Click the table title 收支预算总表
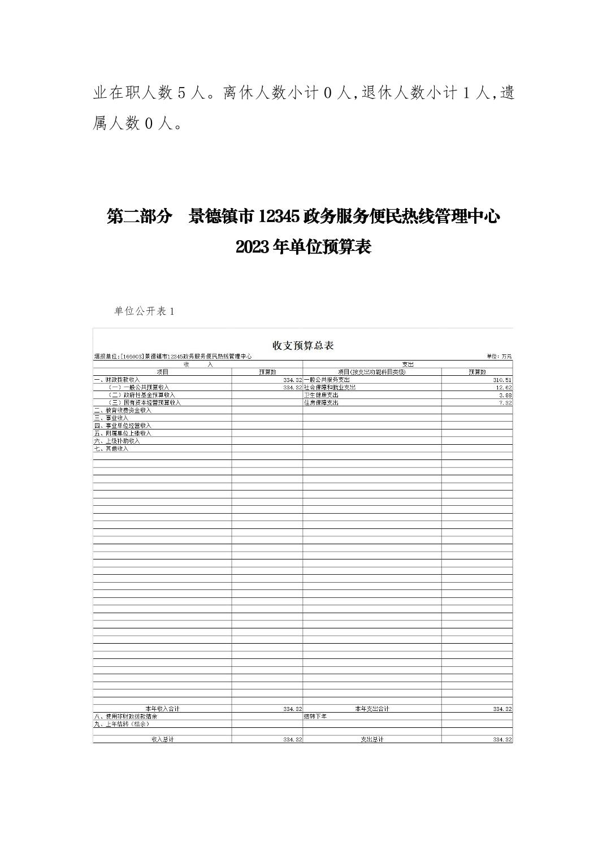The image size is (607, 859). pos(303,345)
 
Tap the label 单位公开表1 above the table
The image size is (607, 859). pos(145,311)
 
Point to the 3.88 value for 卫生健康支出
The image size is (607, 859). pos(505,395)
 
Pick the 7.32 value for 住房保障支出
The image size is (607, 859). pos(505,403)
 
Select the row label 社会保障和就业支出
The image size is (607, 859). pos(329,388)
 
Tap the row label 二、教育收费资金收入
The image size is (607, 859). pos(123,410)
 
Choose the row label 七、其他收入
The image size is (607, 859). pos(111,449)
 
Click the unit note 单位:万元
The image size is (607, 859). pos(499,357)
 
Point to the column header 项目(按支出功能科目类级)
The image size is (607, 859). pos(372,372)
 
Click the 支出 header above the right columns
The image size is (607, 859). pos(407,365)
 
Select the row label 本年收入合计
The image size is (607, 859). pos(162,709)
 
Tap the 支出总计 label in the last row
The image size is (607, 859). pos(372,739)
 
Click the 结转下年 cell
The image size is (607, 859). pos(315,716)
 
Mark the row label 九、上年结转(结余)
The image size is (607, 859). pos(122,724)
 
